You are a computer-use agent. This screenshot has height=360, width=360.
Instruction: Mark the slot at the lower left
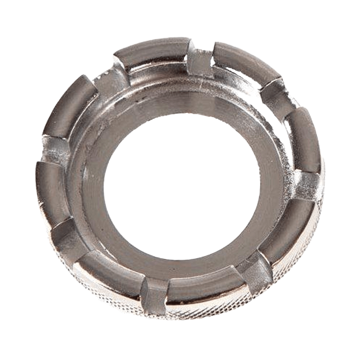(69, 239)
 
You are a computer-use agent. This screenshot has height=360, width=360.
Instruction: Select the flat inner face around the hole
(267, 169)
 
